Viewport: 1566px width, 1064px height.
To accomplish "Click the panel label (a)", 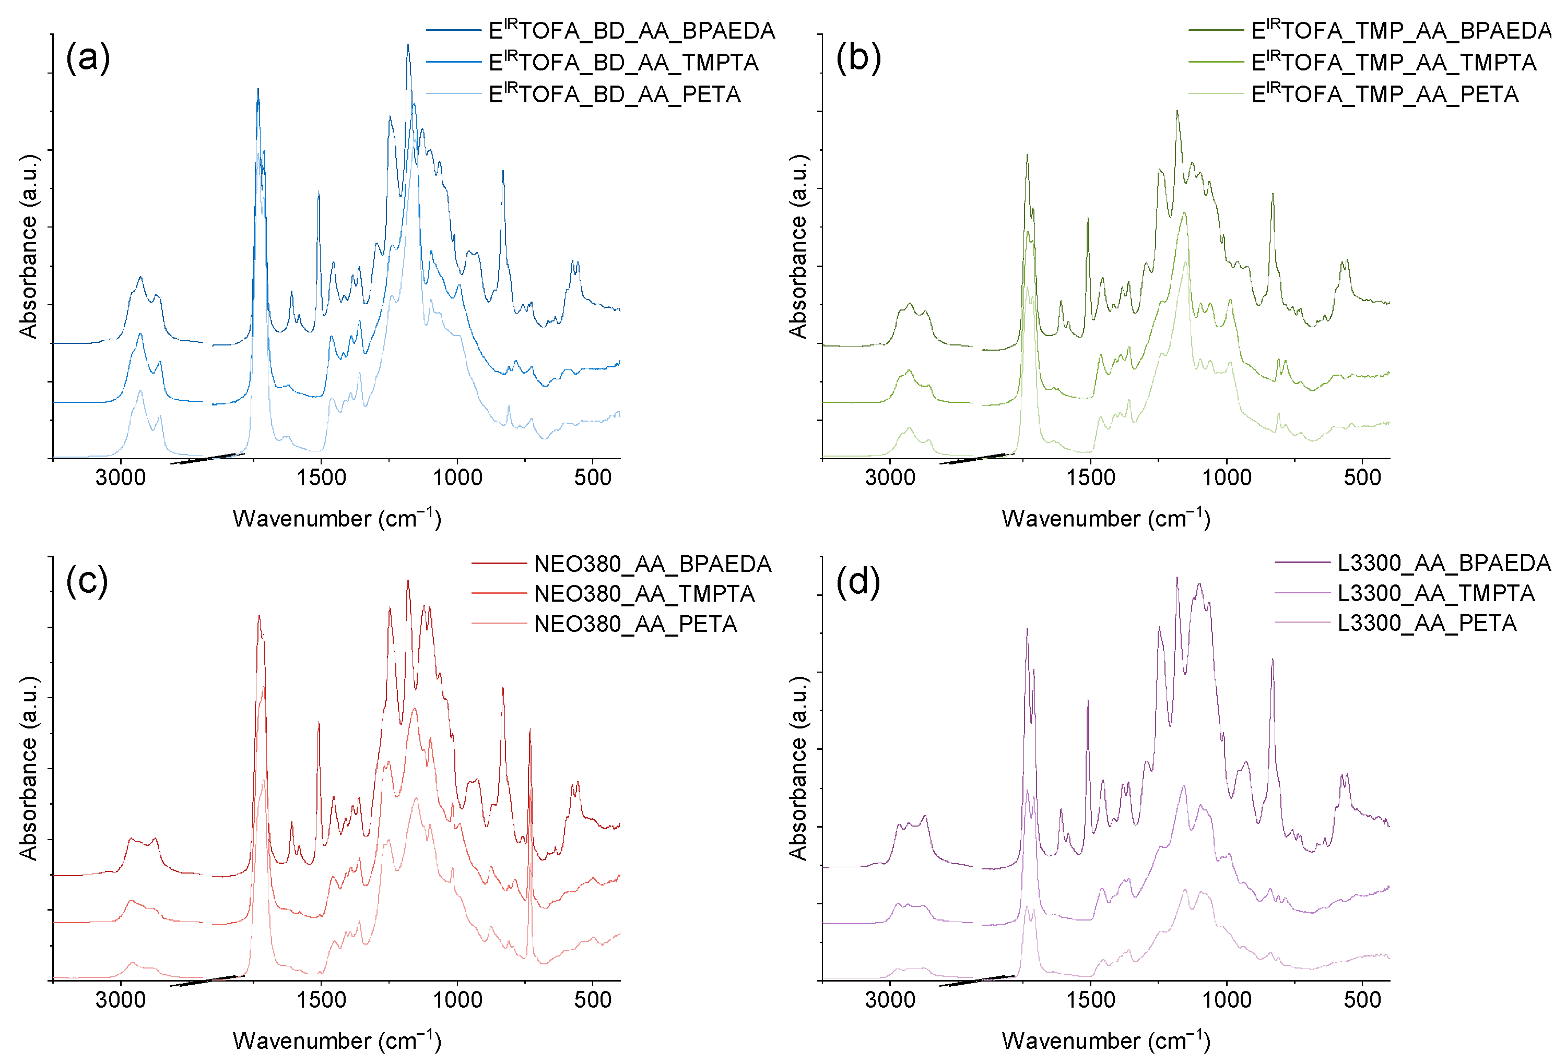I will point(88,57).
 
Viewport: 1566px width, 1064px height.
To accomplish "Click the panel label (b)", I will point(858,57).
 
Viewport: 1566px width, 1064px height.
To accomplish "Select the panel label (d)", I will point(858,580).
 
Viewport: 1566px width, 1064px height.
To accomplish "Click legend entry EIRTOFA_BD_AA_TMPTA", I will point(623,62).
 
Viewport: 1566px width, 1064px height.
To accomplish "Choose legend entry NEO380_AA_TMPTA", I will point(644,593).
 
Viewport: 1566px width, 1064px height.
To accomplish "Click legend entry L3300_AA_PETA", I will point(1427,623).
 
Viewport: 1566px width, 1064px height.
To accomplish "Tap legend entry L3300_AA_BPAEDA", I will point(1443,563).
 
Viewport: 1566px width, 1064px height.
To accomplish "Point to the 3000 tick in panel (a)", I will point(121,477).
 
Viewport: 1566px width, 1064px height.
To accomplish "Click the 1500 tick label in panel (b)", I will point(1090,477).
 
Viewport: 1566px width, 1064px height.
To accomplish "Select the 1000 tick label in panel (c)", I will point(457,999).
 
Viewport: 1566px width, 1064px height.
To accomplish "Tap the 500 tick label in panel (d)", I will point(1362,999).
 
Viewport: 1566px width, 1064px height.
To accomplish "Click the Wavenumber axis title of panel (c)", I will point(337,1041).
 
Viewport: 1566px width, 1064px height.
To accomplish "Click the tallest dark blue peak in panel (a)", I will point(408,46).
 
